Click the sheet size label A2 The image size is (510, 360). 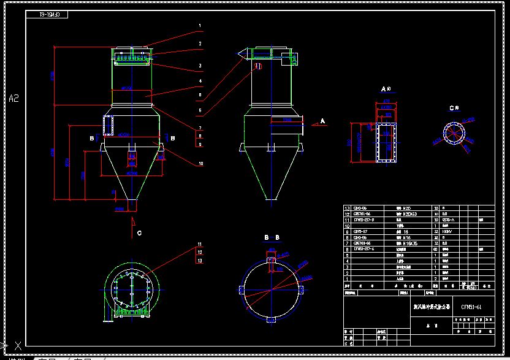coord(13,98)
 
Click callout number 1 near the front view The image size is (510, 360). coord(200,26)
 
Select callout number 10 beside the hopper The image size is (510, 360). coord(200,164)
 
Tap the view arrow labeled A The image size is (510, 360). coord(322,121)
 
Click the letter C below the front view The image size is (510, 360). coord(139,232)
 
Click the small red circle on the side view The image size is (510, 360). coord(258,65)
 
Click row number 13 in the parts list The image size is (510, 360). coord(348,209)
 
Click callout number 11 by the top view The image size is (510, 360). coord(200,245)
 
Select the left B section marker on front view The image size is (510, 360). coord(92,139)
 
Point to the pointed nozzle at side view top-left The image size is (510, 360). coord(242,55)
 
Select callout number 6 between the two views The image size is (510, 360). coord(200,110)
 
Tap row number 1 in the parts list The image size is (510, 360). coord(348,278)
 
